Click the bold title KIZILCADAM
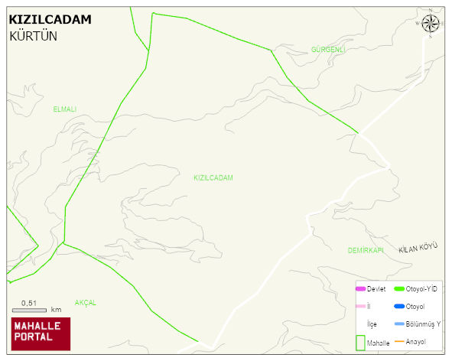click(50, 20)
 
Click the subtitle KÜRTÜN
click(34, 36)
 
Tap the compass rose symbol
click(431, 24)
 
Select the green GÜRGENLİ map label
click(328, 50)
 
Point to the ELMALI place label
click(65, 109)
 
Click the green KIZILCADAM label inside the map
click(213, 177)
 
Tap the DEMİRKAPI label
click(365, 250)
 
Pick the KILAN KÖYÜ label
click(418, 248)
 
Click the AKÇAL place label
click(86, 303)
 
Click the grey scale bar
click(30, 311)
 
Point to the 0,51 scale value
click(29, 303)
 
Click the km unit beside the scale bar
click(56, 310)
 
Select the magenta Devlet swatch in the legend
click(360, 288)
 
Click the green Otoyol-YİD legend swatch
click(398, 288)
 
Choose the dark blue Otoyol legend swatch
click(398, 307)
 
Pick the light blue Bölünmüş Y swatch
click(398, 324)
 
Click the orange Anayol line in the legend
click(398, 341)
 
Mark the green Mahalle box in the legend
click(359, 342)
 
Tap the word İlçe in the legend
click(372, 324)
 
